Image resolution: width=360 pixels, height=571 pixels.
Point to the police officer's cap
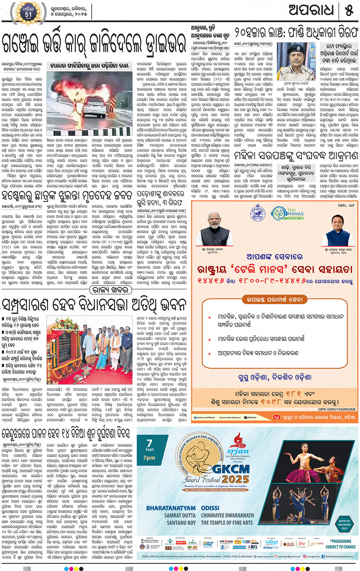(295, 49)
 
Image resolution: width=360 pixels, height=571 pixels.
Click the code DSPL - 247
(346, 205)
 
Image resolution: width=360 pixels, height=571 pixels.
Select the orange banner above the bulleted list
(274, 300)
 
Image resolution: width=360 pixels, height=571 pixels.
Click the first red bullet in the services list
(210, 317)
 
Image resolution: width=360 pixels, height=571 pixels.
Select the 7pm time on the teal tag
(149, 458)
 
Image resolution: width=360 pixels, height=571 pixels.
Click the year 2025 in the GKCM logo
(235, 479)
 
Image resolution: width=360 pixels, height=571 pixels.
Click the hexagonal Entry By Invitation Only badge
(344, 524)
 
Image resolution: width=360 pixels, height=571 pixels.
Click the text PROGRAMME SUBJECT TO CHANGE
(341, 544)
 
